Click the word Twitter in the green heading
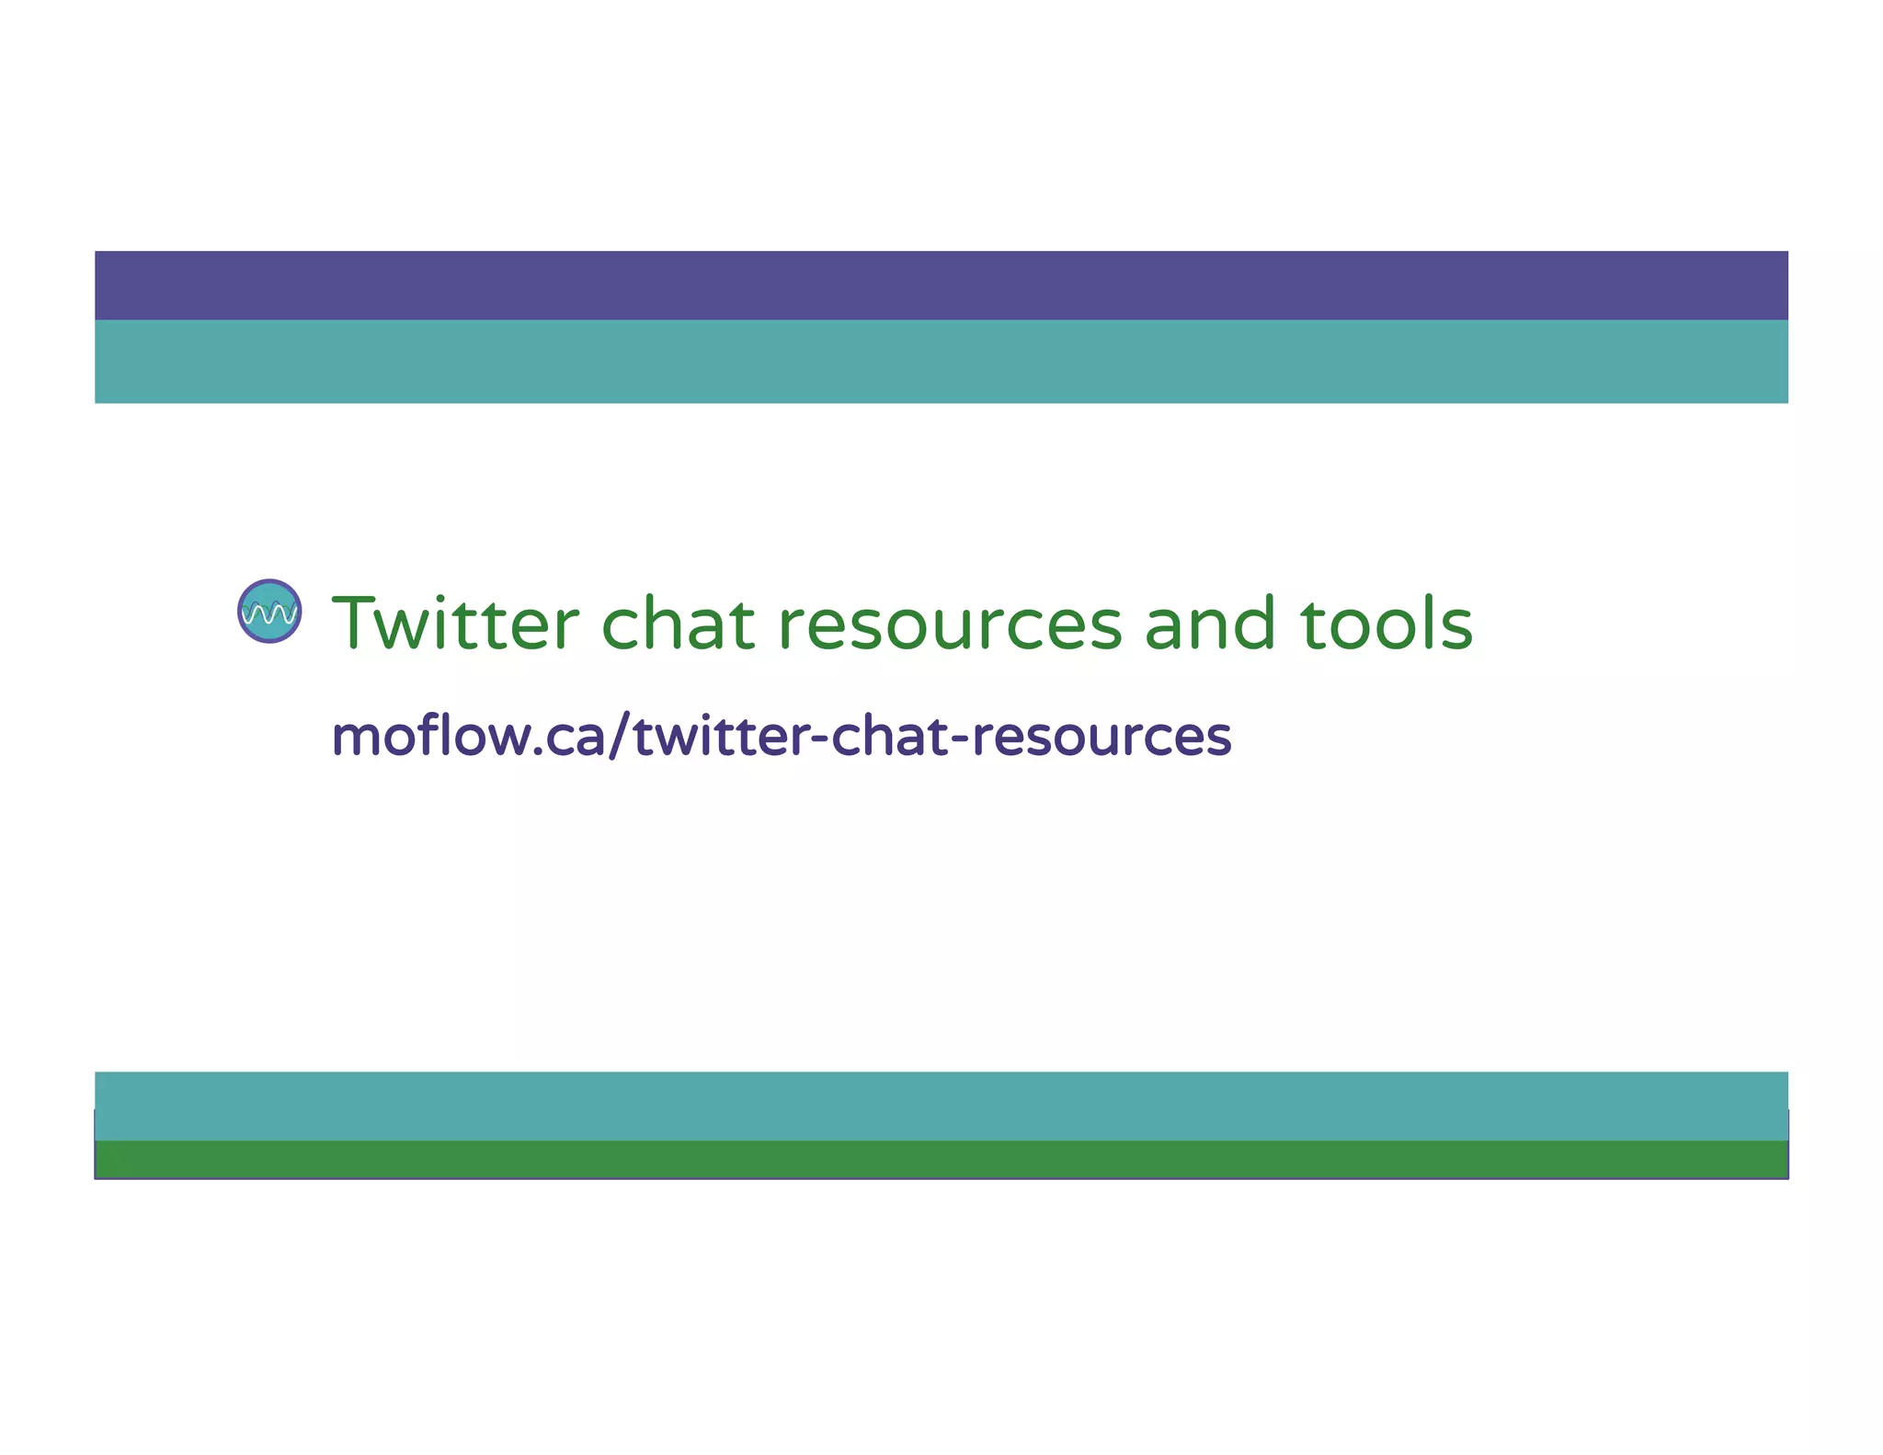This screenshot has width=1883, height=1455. [456, 624]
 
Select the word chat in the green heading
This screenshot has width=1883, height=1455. [678, 624]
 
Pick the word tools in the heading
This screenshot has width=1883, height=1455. [1387, 624]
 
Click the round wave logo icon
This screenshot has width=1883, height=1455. [269, 611]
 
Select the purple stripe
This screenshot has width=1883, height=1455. [941, 285]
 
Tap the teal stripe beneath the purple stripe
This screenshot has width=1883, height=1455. [941, 361]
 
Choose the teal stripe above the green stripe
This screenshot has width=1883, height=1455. [941, 1106]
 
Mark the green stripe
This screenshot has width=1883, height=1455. [941, 1159]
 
